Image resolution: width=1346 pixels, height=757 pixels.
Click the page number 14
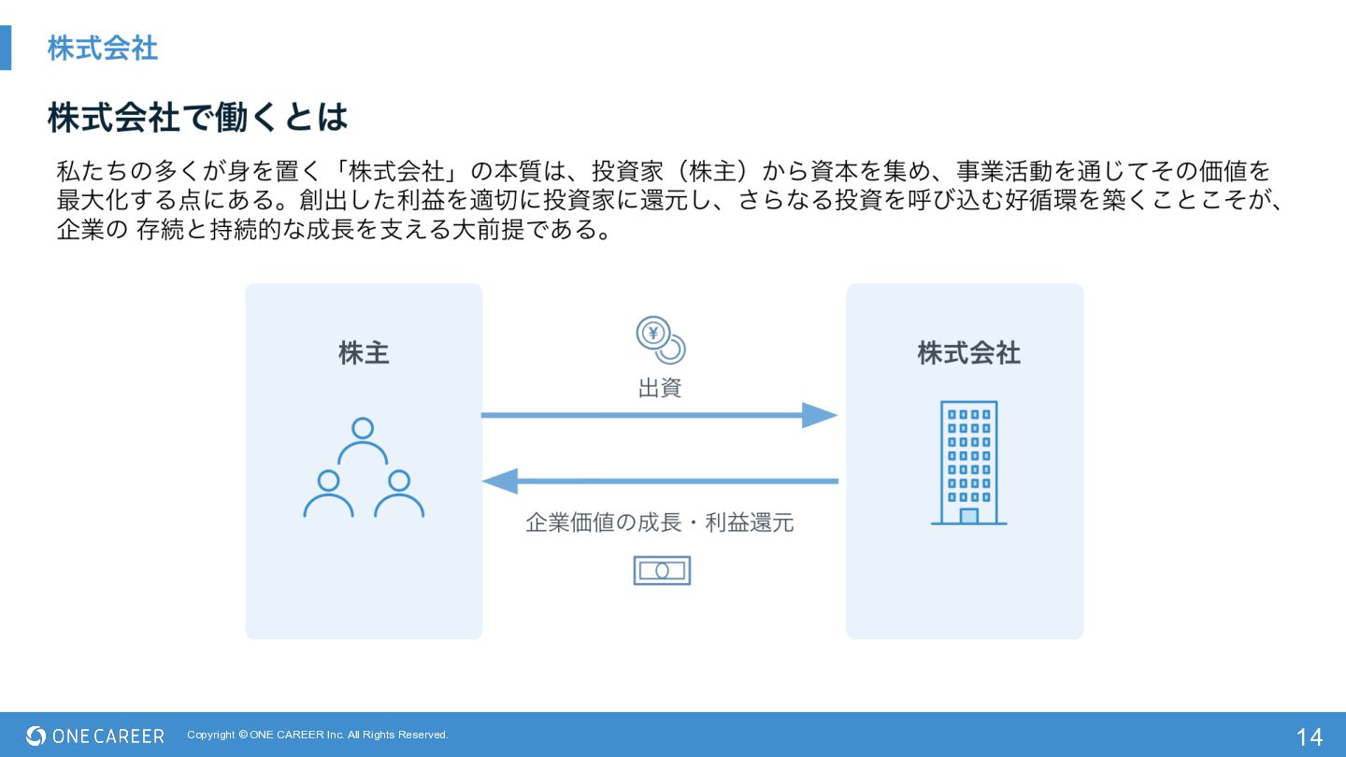click(x=1309, y=736)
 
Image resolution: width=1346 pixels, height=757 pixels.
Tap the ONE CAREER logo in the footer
click(x=95, y=736)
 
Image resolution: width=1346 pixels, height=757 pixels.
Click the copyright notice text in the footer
click(x=318, y=735)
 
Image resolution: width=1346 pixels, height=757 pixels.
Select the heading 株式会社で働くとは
click(x=197, y=118)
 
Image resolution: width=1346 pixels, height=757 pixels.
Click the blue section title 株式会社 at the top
click(x=103, y=49)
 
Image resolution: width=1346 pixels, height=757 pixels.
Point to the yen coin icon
click(x=660, y=339)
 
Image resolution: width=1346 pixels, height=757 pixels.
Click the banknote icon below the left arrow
click(x=662, y=570)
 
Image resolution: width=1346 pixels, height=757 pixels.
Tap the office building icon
click(x=968, y=463)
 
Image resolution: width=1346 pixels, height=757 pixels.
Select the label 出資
click(x=660, y=388)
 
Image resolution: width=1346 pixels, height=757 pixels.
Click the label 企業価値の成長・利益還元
click(x=660, y=522)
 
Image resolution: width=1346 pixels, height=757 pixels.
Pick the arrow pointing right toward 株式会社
click(x=659, y=415)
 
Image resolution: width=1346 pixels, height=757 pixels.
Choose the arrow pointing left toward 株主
click(x=659, y=481)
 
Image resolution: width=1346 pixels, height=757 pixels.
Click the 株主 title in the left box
click(x=364, y=353)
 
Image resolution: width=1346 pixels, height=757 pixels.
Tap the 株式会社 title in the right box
click(x=968, y=353)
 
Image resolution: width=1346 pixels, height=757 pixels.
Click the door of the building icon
click(x=968, y=516)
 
